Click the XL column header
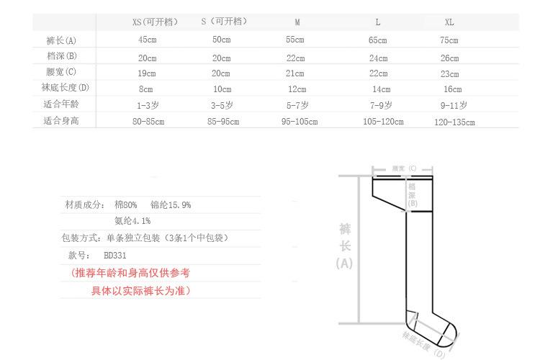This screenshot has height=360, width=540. (449, 22)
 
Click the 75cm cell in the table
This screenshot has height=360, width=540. (449, 40)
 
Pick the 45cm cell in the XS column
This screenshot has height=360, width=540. (148, 40)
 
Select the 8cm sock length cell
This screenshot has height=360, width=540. (146, 89)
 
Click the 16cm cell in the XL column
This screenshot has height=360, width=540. (452, 89)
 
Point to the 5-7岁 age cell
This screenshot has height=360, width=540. (297, 105)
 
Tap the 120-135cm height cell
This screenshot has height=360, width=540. (454, 122)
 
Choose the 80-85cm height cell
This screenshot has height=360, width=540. (147, 122)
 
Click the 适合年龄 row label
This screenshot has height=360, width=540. (60, 105)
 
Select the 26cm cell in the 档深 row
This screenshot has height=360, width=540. (449, 58)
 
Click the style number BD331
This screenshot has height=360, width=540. (117, 255)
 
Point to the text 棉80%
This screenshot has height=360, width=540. (124, 205)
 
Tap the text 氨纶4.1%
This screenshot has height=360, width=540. (132, 221)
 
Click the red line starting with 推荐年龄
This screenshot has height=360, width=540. (132, 274)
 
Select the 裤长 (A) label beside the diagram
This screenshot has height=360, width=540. (345, 246)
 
